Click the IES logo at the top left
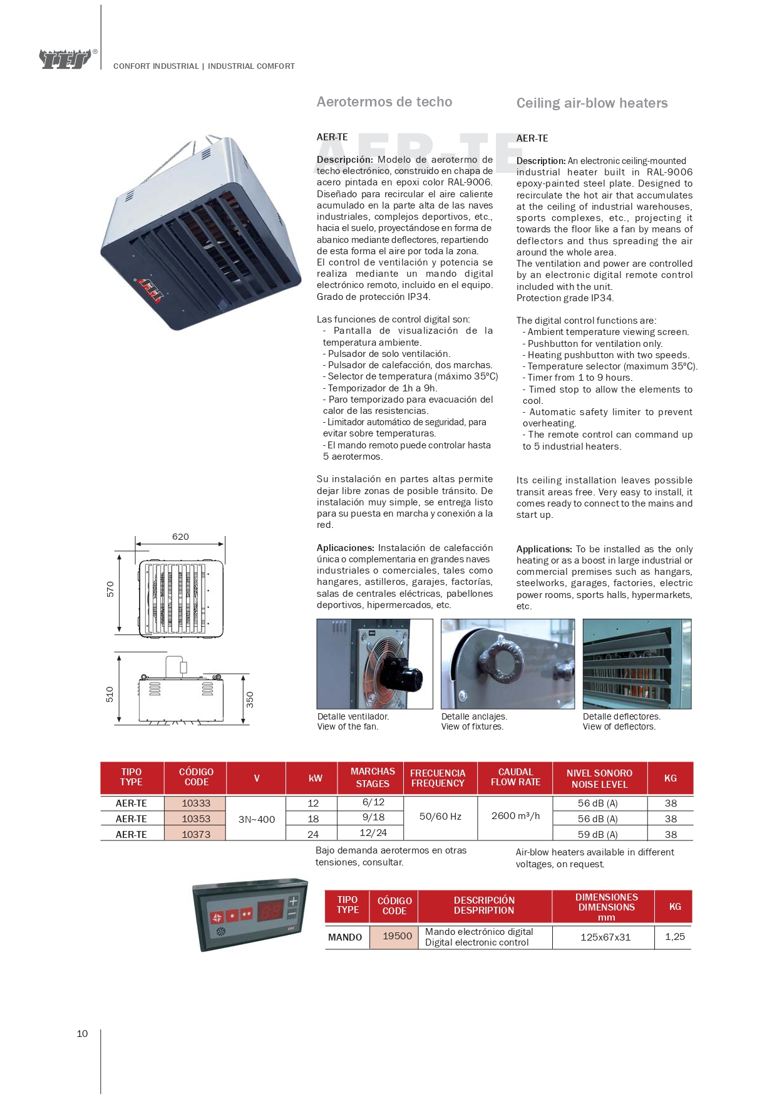coord(66,59)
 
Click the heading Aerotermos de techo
coord(384,102)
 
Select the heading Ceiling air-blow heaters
coord(592,103)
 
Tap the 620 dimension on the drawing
coord(180,537)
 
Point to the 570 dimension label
coord(110,589)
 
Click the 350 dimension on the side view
coord(250,699)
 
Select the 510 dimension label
coord(110,694)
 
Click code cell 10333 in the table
coord(196,803)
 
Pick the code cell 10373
coord(196,834)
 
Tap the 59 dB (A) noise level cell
coord(597,834)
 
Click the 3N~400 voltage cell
coord(256,819)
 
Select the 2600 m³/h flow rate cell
coord(515,816)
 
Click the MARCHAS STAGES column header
coord(373,778)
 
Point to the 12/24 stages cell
coord(373,833)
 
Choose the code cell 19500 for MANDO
coord(397,936)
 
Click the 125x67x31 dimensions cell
coord(605,937)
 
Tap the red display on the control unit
coord(271,912)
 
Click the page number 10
coord(82,1034)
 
